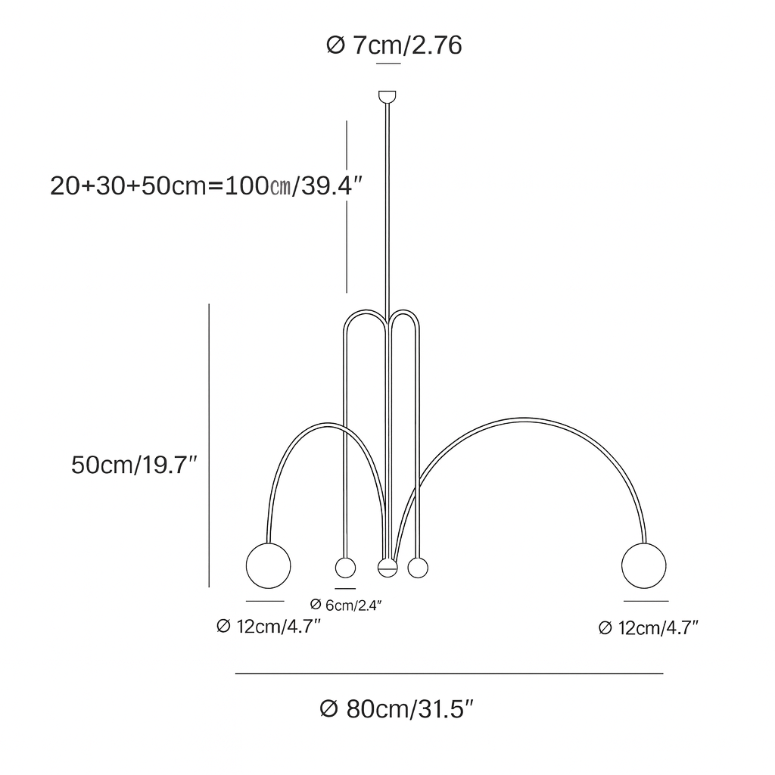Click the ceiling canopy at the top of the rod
(387, 96)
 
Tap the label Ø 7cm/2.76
(394, 46)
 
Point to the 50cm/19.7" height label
(135, 465)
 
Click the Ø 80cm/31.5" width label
(397, 709)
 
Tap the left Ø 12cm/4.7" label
(269, 627)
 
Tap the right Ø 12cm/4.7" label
(648, 627)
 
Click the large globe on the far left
(269, 565)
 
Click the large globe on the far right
(644, 565)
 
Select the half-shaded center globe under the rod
(387, 568)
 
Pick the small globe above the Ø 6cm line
(345, 568)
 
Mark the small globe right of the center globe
(417, 567)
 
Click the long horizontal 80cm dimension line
(449, 673)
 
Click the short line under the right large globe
(646, 601)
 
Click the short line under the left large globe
(265, 601)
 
